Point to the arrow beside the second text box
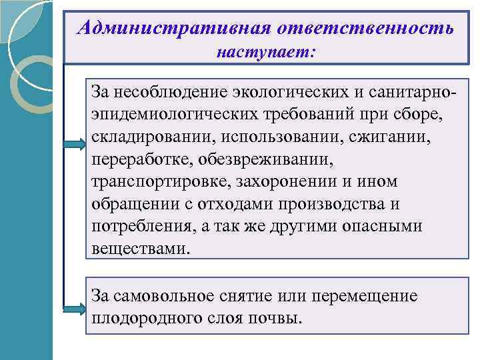75,308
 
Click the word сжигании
402,136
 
